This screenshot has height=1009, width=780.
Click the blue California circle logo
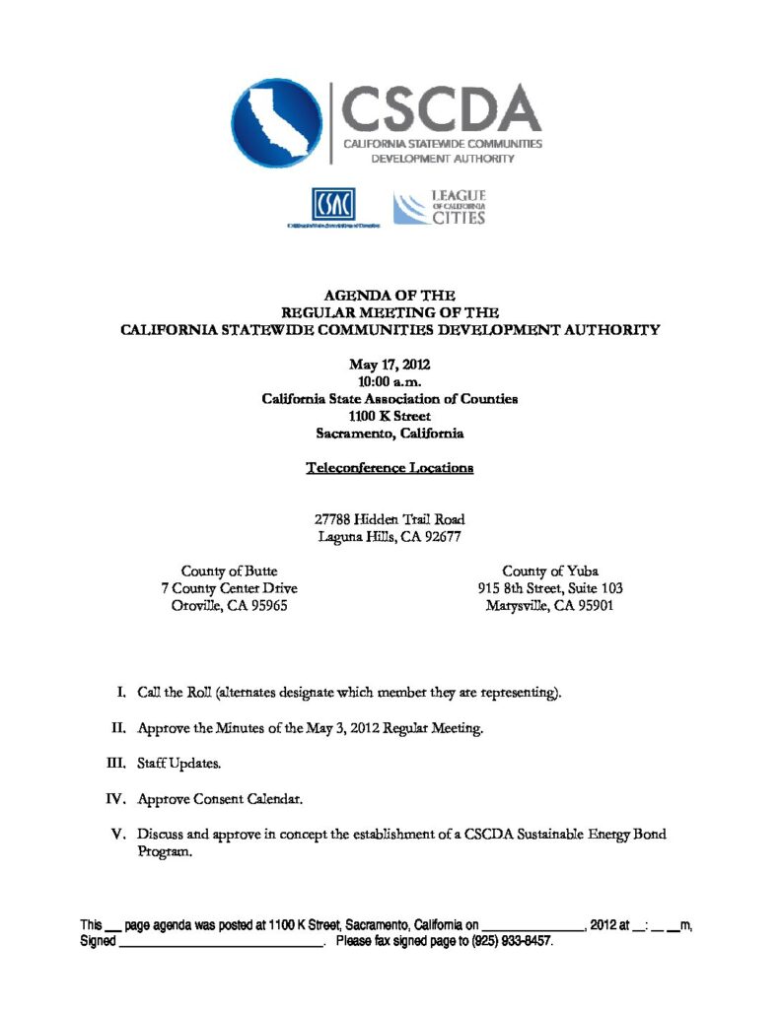(277, 122)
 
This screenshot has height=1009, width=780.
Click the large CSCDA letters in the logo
(441, 108)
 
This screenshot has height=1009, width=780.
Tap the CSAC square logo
(332, 204)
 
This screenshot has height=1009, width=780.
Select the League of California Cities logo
(440, 207)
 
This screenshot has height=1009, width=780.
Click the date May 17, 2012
(390, 365)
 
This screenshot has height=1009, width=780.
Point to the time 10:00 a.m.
(390, 381)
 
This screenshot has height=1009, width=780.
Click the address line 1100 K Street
(390, 416)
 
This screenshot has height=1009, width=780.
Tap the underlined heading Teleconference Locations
(390, 467)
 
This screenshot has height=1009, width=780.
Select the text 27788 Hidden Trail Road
(390, 519)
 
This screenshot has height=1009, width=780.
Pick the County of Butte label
(229, 571)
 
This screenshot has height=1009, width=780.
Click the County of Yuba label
(549, 571)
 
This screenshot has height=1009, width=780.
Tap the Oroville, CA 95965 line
(229, 606)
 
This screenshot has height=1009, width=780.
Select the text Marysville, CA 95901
(549, 606)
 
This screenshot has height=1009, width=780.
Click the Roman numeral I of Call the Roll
(120, 693)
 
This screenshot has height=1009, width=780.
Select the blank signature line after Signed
(222, 942)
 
